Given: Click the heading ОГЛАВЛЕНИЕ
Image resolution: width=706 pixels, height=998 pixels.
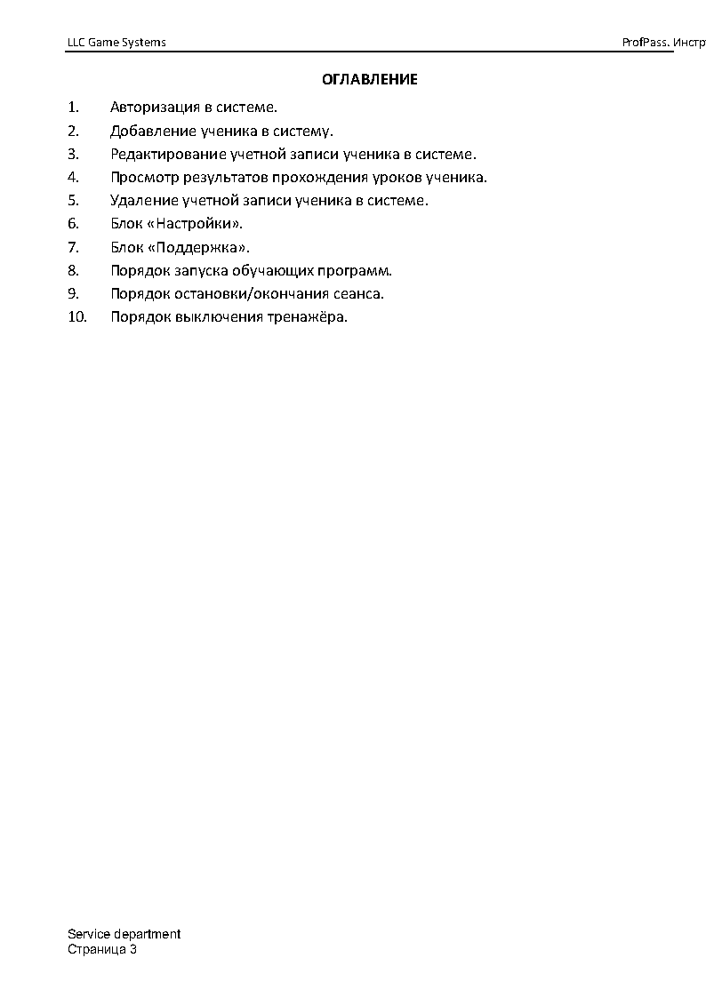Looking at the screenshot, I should [x=369, y=80].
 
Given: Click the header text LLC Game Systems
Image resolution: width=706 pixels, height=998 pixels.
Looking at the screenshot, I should [x=116, y=43].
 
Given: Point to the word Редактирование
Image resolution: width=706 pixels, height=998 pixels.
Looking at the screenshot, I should [x=165, y=155].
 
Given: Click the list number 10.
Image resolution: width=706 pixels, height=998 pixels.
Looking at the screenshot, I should [x=77, y=317].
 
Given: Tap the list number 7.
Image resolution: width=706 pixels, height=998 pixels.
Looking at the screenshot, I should [x=73, y=247].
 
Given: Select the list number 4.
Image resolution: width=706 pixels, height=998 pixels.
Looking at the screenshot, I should [x=73, y=178].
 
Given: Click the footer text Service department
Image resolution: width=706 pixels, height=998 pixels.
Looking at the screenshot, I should [x=124, y=934].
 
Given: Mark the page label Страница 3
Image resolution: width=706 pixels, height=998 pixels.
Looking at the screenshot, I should [x=102, y=949].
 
